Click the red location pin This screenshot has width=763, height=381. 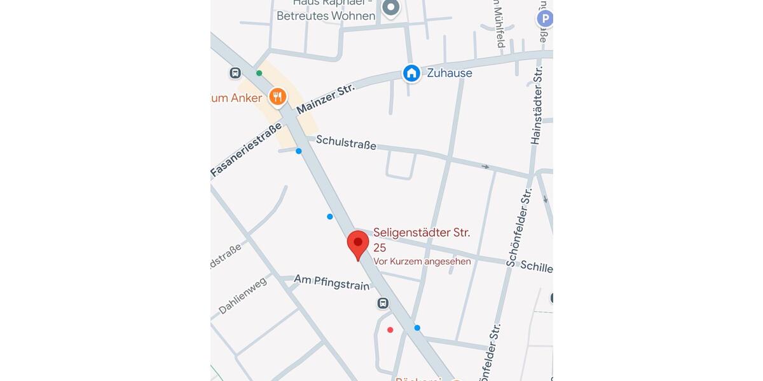pyautogui.click(x=358, y=244)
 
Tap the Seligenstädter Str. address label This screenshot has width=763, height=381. pyautogui.click(x=422, y=233)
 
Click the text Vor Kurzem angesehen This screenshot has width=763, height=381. pyautogui.click(x=422, y=261)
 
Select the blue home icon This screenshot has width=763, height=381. pyautogui.click(x=412, y=73)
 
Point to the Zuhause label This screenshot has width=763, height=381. pyautogui.click(x=450, y=73)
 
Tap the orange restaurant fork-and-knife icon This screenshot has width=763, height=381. pyautogui.click(x=277, y=97)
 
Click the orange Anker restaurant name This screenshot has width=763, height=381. pyautogui.click(x=237, y=98)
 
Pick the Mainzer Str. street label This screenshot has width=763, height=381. pyautogui.click(x=325, y=98)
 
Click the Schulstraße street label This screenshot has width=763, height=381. pyautogui.click(x=346, y=142)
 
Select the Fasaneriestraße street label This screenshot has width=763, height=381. pyautogui.click(x=245, y=150)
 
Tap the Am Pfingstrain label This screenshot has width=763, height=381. pyautogui.click(x=331, y=283)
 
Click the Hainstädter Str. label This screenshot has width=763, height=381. pyautogui.click(x=537, y=105)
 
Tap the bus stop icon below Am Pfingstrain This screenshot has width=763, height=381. pyautogui.click(x=383, y=303)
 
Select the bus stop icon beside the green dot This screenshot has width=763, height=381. pyautogui.click(x=235, y=73)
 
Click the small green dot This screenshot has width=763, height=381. pyautogui.click(x=259, y=73)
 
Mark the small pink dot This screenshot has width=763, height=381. pyautogui.click(x=390, y=330)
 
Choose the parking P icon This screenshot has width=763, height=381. pyautogui.click(x=544, y=19)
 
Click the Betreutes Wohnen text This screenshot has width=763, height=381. pyautogui.click(x=326, y=16)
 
